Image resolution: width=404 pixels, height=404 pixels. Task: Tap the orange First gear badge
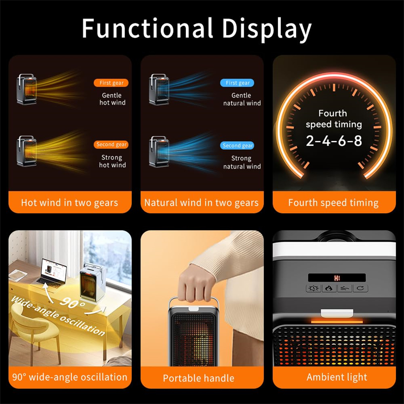[111, 83]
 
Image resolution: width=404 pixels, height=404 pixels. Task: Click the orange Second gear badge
[111, 144]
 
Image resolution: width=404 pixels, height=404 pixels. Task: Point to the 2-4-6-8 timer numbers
[334, 141]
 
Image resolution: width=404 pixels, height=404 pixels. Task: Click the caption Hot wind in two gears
[70, 203]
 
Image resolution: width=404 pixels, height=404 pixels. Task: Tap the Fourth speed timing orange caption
[333, 203]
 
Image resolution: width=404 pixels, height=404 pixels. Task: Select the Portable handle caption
[199, 378]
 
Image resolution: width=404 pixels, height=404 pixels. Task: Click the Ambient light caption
[337, 377]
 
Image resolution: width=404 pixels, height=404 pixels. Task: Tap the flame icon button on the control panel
[329, 289]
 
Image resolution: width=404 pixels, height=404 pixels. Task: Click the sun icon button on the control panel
[314, 289]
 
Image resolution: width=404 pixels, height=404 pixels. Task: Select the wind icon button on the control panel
[344, 289]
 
